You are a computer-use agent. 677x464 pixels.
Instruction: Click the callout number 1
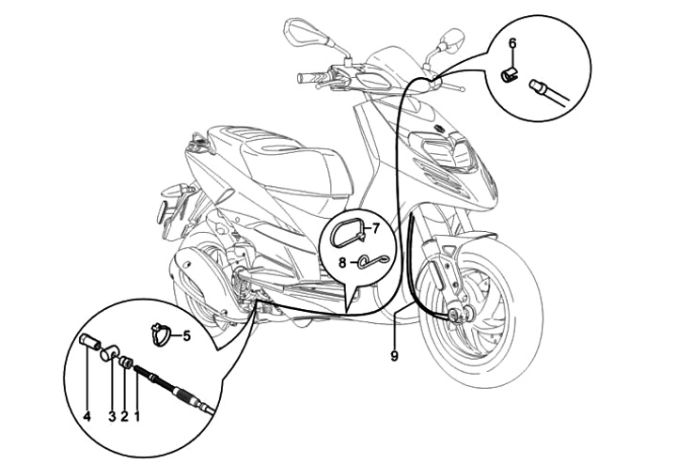pos(137,414)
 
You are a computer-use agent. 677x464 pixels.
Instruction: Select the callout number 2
pos(125,414)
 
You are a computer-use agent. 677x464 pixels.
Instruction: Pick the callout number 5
pos(186,333)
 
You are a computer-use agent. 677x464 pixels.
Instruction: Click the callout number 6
pos(512,43)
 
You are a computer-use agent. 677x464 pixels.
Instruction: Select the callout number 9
pos(394,355)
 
